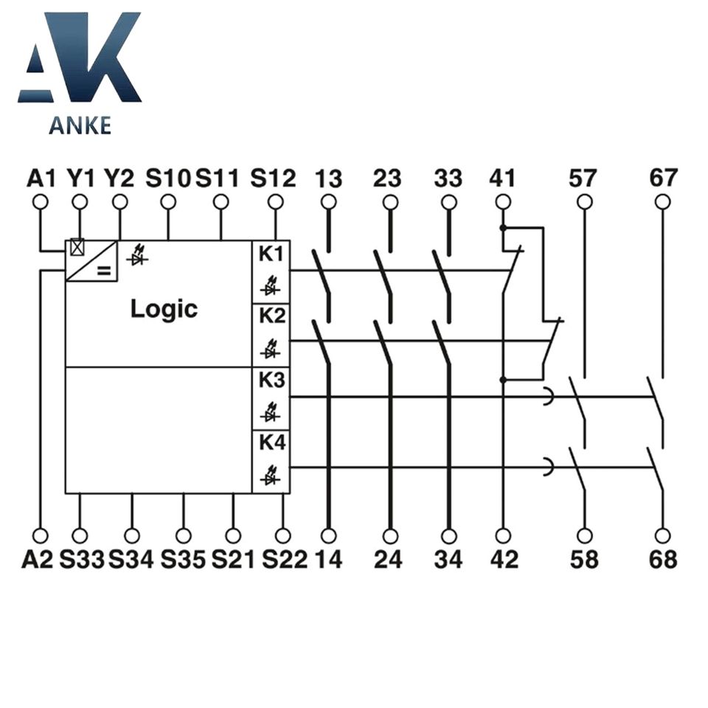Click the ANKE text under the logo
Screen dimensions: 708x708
(80, 125)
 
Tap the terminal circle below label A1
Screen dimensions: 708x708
(41, 202)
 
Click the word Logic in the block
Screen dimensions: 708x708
(164, 308)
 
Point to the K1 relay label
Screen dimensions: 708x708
(271, 254)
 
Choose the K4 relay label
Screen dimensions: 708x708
(271, 444)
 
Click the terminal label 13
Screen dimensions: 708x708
(329, 178)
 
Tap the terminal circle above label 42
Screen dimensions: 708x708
(503, 535)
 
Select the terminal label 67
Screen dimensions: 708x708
(663, 178)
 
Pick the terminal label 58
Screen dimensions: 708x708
(585, 560)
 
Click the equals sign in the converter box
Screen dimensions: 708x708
(103, 271)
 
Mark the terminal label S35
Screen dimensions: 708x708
(183, 560)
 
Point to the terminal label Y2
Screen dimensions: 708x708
(119, 178)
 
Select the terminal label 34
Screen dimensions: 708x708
(448, 560)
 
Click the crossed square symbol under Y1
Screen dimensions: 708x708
(77, 248)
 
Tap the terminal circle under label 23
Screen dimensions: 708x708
(390, 202)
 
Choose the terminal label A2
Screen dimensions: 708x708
(38, 560)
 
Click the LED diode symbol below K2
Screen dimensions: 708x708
(271, 346)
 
